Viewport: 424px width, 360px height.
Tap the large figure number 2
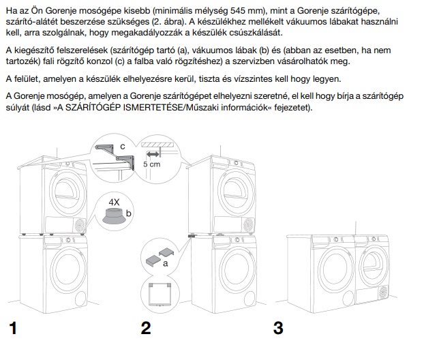(145, 329)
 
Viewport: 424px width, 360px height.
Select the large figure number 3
(278, 329)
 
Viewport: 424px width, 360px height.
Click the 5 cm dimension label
(153, 165)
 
